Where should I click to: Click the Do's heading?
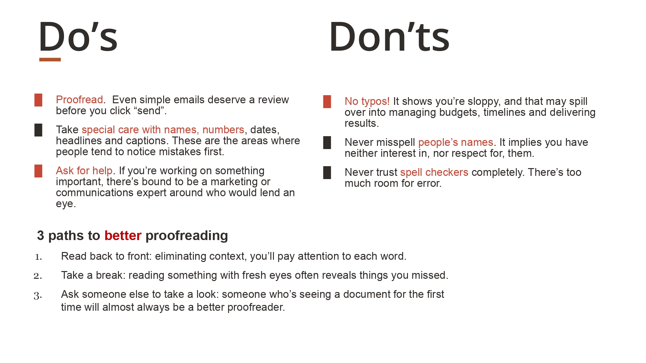point(78,37)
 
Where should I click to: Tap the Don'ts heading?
point(390,37)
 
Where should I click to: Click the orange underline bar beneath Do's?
point(50,60)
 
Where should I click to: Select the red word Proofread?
point(79,100)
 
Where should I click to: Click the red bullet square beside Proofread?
point(38,100)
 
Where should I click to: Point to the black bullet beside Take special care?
point(38,130)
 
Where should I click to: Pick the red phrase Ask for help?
point(84,170)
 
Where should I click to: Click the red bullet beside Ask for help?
point(38,171)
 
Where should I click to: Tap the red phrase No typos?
point(367,101)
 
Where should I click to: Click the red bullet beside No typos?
point(327,102)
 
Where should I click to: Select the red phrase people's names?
point(456,142)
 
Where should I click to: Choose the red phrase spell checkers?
point(434,172)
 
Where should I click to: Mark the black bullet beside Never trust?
point(327,173)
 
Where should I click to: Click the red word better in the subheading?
point(123,236)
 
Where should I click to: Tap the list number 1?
point(38,257)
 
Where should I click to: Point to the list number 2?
point(38,276)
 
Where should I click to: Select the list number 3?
point(38,296)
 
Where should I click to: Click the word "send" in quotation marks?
point(149,111)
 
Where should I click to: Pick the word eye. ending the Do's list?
point(66,204)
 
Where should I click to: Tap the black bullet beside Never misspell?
point(327,143)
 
